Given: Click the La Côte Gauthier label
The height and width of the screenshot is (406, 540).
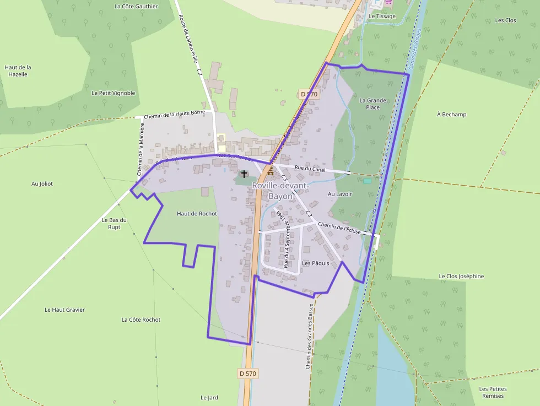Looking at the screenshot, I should [x=136, y=7].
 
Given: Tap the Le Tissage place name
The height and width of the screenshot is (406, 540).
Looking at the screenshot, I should [x=382, y=17].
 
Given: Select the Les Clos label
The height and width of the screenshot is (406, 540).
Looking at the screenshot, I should [x=505, y=20].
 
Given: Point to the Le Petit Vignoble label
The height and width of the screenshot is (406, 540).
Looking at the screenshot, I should [x=113, y=93].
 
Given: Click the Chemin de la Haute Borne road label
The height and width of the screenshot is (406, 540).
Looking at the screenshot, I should [x=174, y=113].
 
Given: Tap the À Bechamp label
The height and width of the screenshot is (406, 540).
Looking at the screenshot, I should [x=451, y=115].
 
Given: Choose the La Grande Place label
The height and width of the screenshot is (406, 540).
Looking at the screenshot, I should [x=373, y=104].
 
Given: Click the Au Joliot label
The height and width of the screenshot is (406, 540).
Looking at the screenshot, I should [x=42, y=184].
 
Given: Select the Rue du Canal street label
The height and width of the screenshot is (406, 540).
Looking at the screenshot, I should [x=310, y=169].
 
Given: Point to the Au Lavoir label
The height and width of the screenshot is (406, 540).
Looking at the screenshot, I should [x=339, y=194].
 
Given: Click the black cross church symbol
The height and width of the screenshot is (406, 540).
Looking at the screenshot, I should [x=244, y=174].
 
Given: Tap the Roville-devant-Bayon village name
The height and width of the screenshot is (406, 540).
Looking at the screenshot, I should [x=280, y=191].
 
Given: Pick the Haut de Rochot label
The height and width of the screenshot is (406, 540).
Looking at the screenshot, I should [x=197, y=214].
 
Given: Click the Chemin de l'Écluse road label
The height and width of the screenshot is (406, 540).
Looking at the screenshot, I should [x=339, y=228].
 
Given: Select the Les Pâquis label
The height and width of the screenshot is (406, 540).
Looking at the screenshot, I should [x=315, y=263].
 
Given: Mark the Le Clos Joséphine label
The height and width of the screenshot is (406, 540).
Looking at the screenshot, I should [x=461, y=276].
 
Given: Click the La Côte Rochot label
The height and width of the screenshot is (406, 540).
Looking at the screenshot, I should [x=141, y=320].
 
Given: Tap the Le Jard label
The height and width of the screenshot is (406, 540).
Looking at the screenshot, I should [x=209, y=397].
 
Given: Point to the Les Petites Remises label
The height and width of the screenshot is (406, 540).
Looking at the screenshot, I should [x=493, y=392].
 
